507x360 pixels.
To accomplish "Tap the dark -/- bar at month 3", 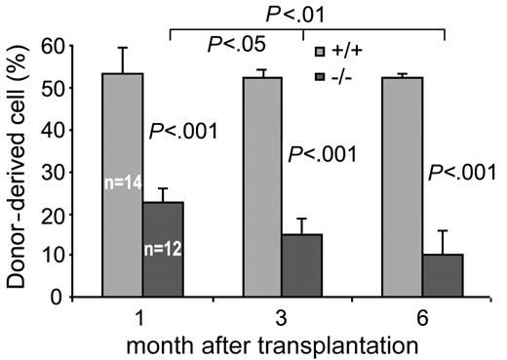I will click(x=301, y=264).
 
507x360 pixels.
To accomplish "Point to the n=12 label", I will click(x=162, y=248).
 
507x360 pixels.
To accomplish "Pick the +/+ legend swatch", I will click(x=317, y=51).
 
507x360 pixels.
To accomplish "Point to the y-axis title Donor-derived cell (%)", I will click(x=18, y=171).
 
